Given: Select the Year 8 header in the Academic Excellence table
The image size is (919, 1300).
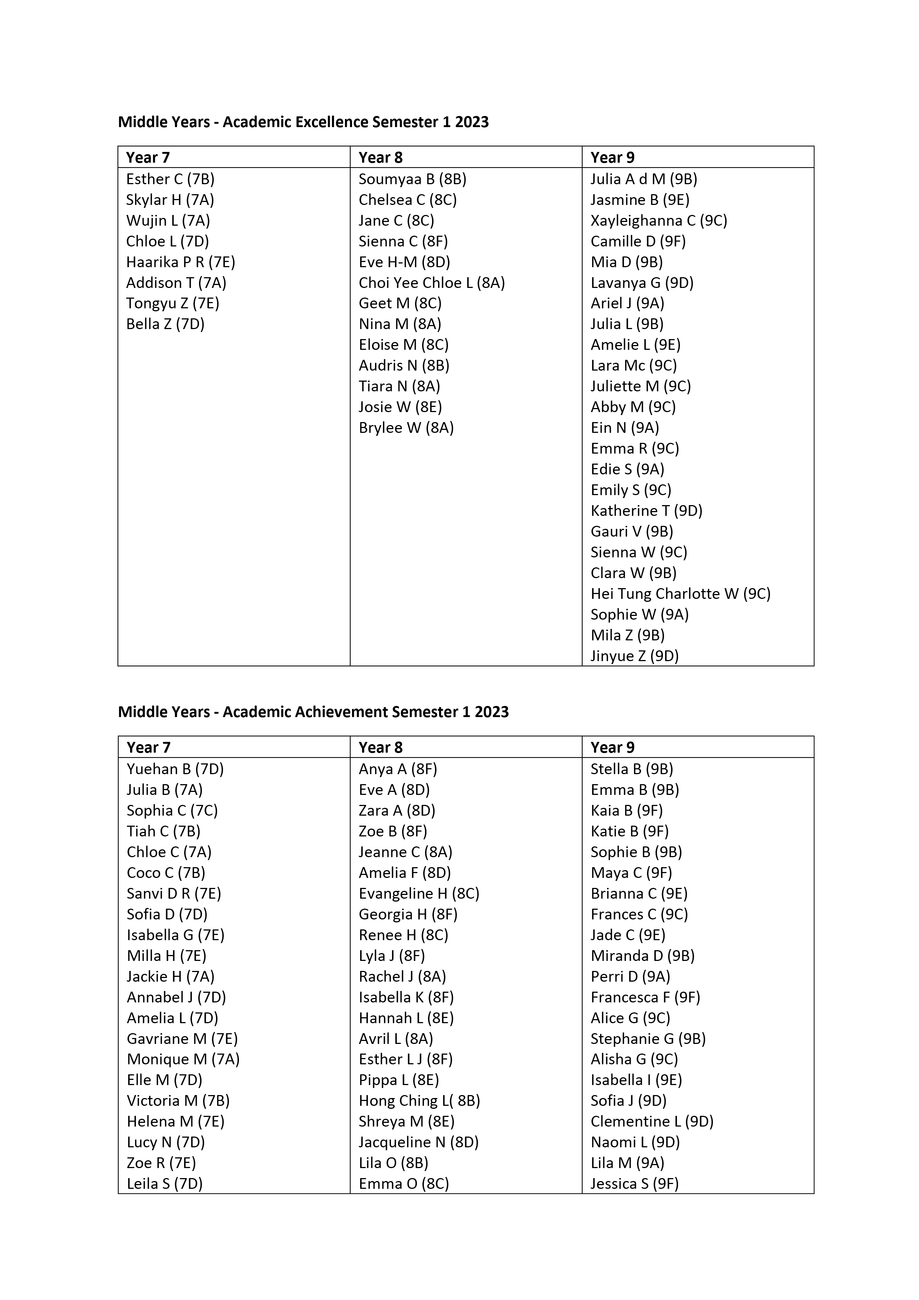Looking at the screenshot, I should click(x=381, y=157).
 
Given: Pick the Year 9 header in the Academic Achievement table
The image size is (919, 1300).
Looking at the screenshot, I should click(x=612, y=747).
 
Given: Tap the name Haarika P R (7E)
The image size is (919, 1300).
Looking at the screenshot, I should click(x=180, y=262).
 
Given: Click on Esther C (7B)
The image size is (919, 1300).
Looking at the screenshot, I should click(x=170, y=179).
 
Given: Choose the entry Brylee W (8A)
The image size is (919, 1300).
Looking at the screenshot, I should click(x=406, y=428).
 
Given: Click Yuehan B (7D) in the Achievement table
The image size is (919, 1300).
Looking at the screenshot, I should click(x=175, y=769).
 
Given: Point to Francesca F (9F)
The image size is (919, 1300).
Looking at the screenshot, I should click(x=645, y=998).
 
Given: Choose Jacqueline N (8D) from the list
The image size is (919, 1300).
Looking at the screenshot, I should click(x=418, y=1143).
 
